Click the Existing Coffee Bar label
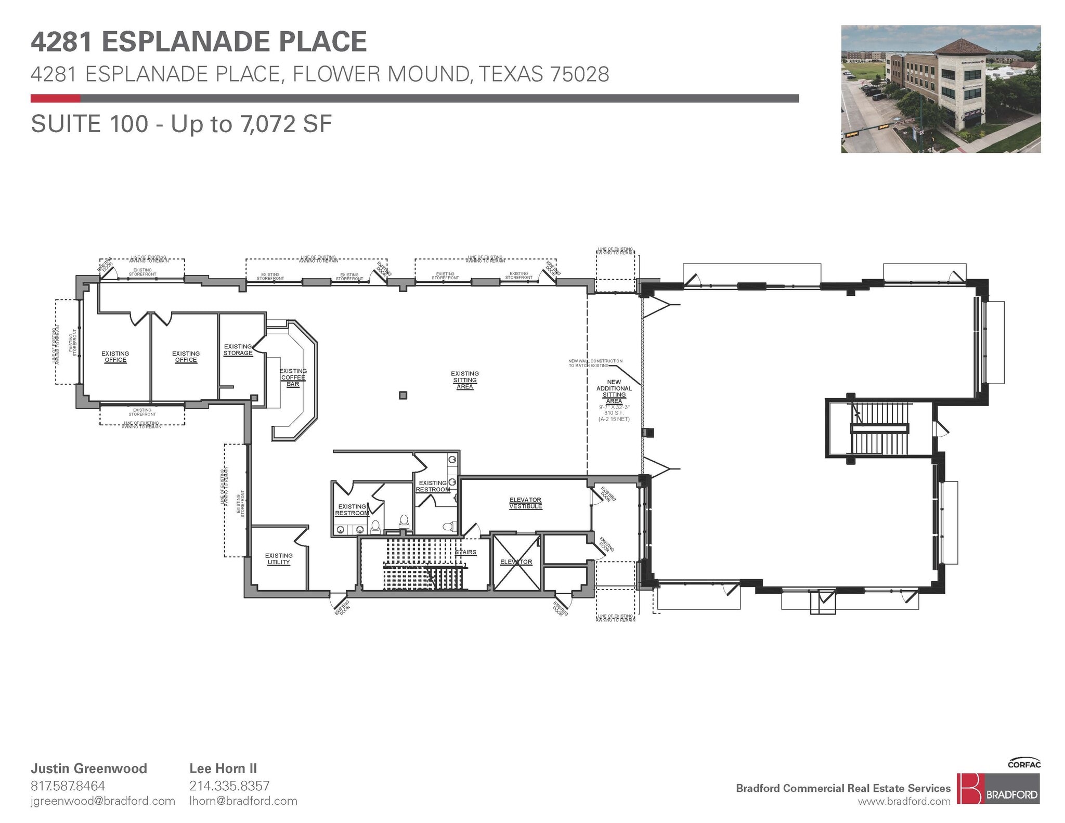click(x=293, y=377)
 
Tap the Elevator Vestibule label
click(x=525, y=503)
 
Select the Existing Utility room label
click(x=279, y=559)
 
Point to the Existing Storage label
click(x=238, y=349)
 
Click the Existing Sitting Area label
click(x=464, y=380)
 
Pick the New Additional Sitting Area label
click(x=614, y=391)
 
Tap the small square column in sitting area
click(x=403, y=395)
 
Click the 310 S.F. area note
click(x=614, y=413)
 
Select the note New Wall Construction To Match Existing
click(x=595, y=363)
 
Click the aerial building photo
click(x=940, y=89)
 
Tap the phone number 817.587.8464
click(x=68, y=786)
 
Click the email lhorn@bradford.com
click(x=243, y=801)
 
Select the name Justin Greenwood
click(x=89, y=768)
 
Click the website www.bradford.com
click(x=904, y=802)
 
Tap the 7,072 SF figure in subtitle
click(x=285, y=124)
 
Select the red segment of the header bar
click(x=55, y=98)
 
